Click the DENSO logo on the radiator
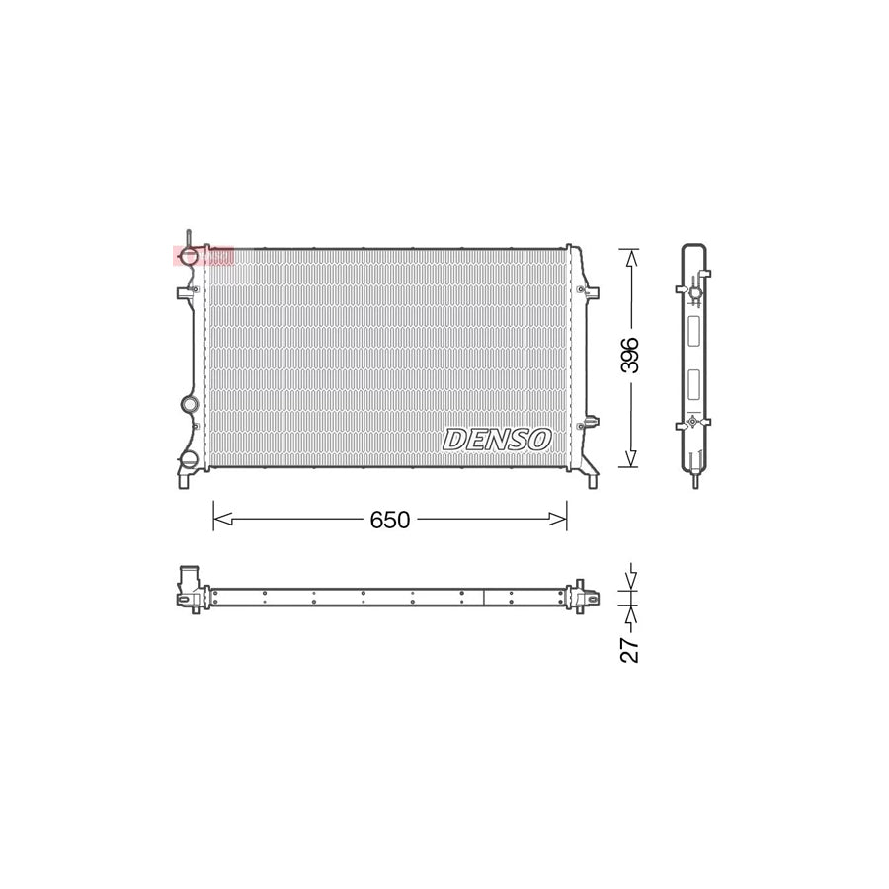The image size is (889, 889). click(x=497, y=439)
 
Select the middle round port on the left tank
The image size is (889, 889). click(x=189, y=404)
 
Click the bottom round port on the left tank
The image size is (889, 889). click(x=188, y=461)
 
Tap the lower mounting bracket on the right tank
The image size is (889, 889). click(x=591, y=422)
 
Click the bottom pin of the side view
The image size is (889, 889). click(x=696, y=482)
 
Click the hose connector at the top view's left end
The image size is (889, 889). click(x=188, y=586)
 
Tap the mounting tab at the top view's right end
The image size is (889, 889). click(x=590, y=598)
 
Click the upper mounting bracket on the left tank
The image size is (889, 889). click(x=185, y=293)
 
